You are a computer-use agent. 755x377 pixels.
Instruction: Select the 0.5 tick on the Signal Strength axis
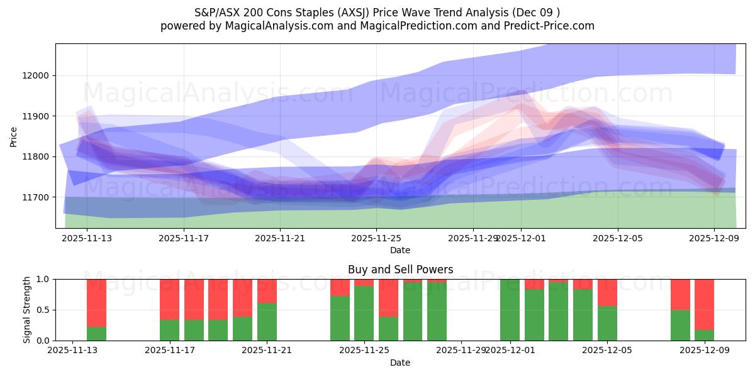click(x=44, y=310)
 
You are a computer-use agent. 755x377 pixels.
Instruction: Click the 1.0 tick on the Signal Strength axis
click(x=44, y=279)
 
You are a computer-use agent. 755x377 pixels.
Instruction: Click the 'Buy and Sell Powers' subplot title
click(x=400, y=270)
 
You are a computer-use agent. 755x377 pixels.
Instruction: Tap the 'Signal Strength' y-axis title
click(x=27, y=310)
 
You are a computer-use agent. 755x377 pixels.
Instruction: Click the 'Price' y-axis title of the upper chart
click(x=14, y=136)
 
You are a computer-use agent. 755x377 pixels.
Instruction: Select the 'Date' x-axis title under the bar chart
click(x=400, y=363)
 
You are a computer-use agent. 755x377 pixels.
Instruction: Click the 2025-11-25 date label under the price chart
click(x=376, y=238)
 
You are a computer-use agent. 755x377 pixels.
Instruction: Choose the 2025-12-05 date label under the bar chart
click(x=607, y=351)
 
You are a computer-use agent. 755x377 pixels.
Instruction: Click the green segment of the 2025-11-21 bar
click(x=267, y=322)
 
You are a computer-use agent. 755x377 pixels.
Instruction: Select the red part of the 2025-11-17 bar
click(x=170, y=299)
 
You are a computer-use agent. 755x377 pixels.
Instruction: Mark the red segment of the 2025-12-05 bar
click(x=607, y=292)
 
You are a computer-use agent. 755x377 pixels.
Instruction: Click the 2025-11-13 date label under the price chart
click(x=87, y=238)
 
